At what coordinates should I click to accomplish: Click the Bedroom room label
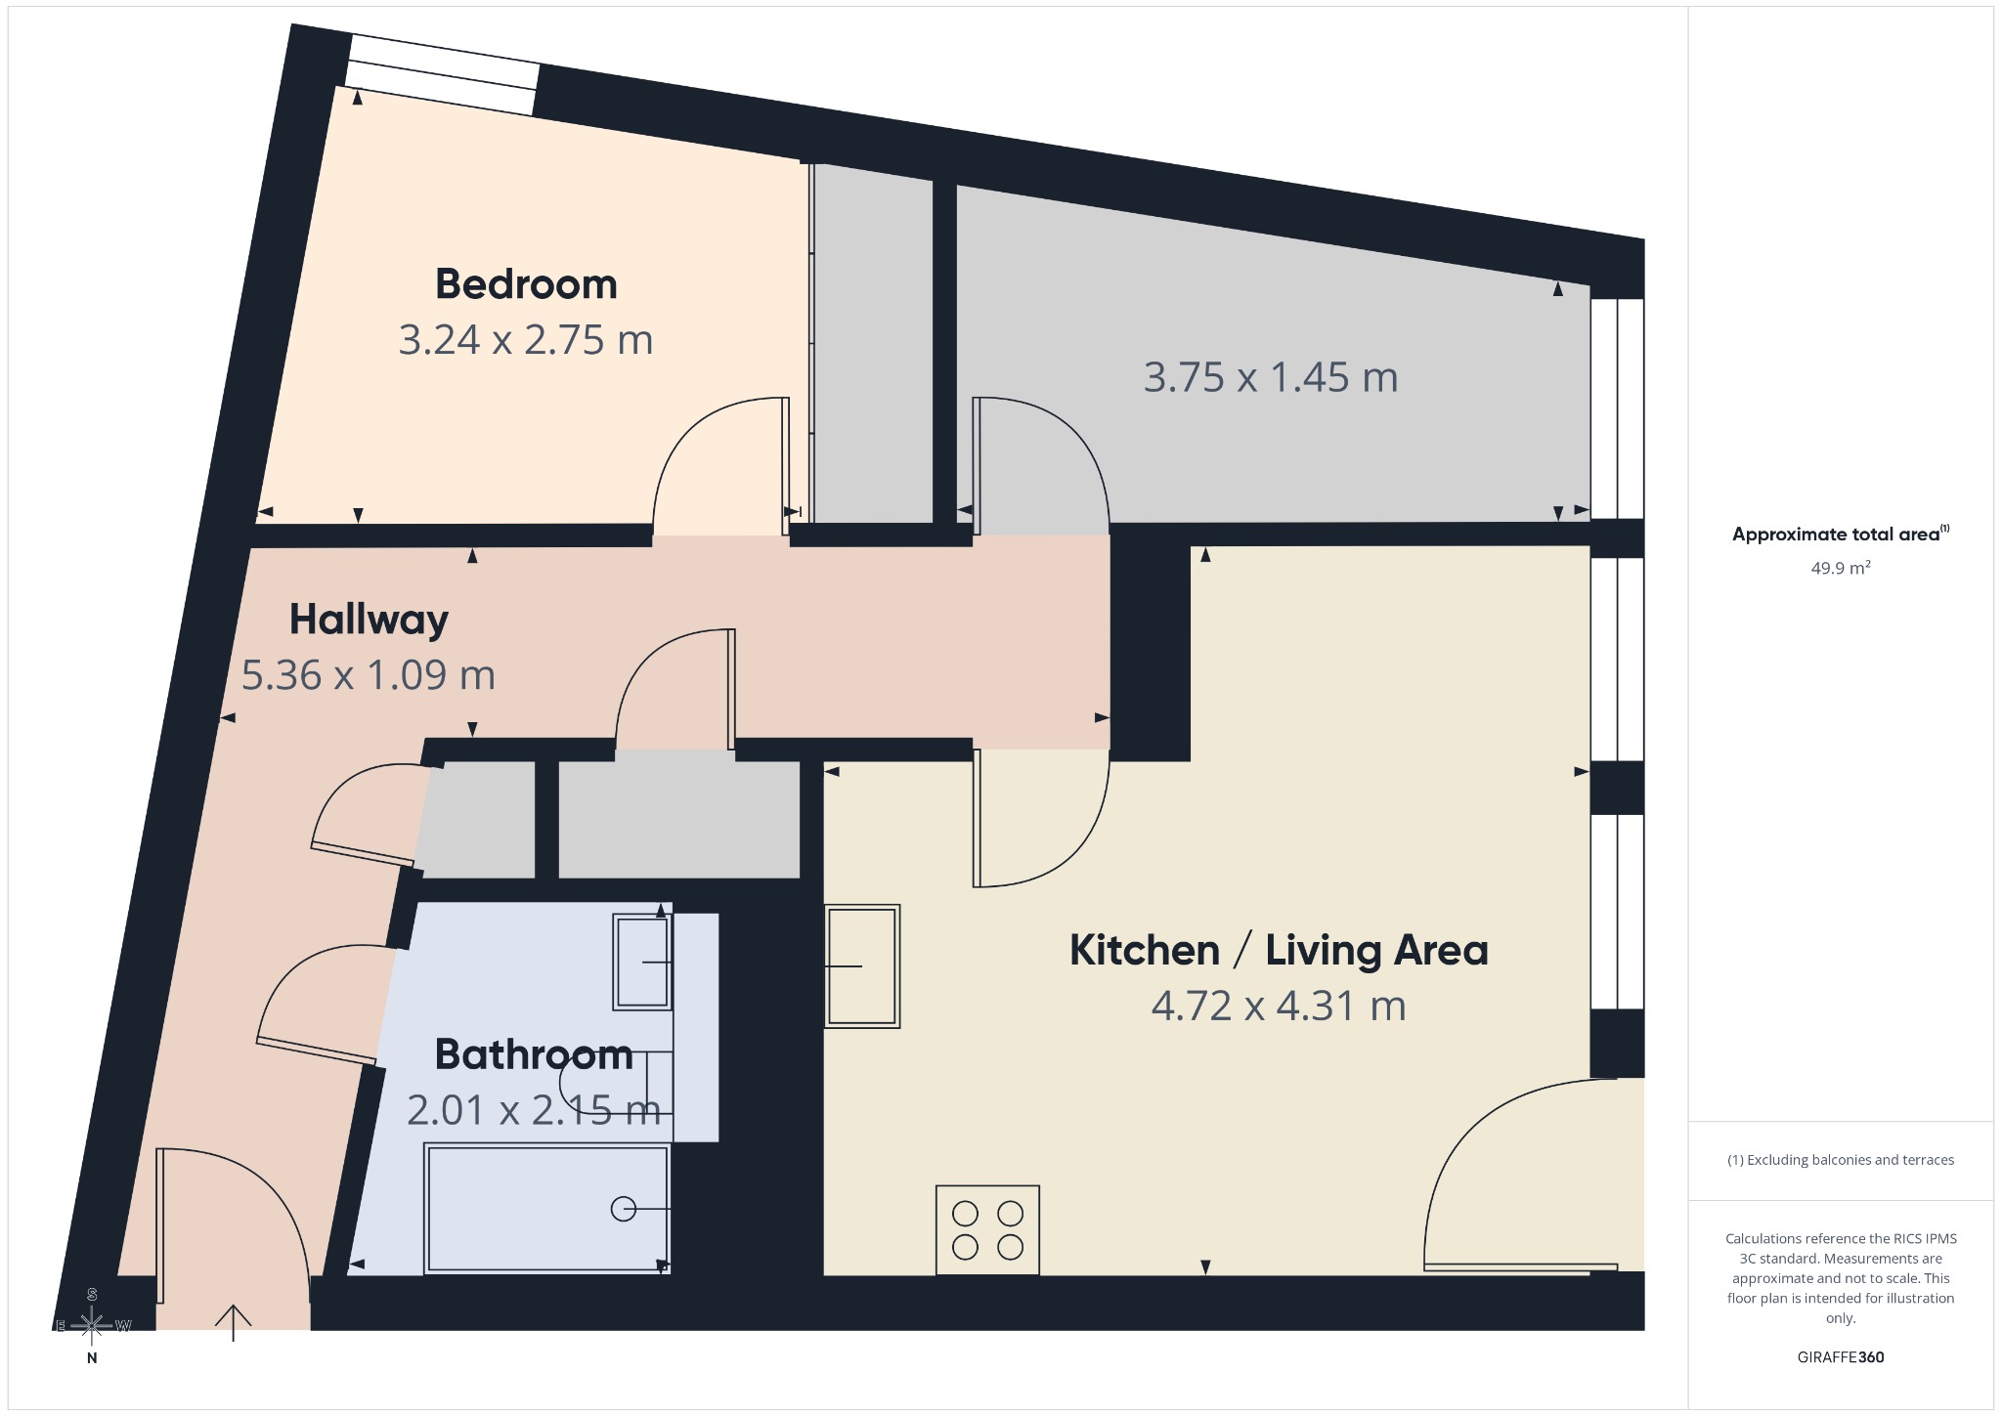(x=526, y=284)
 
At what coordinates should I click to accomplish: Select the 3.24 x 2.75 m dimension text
(x=526, y=340)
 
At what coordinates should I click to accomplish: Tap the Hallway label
(x=369, y=621)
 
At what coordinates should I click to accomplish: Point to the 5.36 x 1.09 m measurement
(x=369, y=675)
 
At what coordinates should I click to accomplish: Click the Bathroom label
(x=534, y=1054)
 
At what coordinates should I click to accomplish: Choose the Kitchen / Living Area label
(x=1279, y=950)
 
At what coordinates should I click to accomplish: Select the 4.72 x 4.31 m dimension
(x=1279, y=1006)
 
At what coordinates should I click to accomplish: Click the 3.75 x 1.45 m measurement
(x=1271, y=377)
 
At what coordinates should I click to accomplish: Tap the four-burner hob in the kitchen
(x=987, y=1229)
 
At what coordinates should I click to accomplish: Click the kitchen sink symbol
(x=862, y=965)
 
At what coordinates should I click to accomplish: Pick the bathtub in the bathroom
(x=547, y=1209)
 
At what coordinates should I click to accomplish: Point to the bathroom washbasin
(x=642, y=962)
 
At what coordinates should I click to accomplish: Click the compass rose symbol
(x=92, y=1325)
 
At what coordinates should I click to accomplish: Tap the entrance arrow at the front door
(x=234, y=1323)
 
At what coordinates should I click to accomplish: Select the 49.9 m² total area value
(x=1841, y=568)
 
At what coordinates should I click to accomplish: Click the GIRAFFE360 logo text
(x=1841, y=1357)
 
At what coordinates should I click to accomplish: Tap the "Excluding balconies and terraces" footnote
(x=1841, y=1160)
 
